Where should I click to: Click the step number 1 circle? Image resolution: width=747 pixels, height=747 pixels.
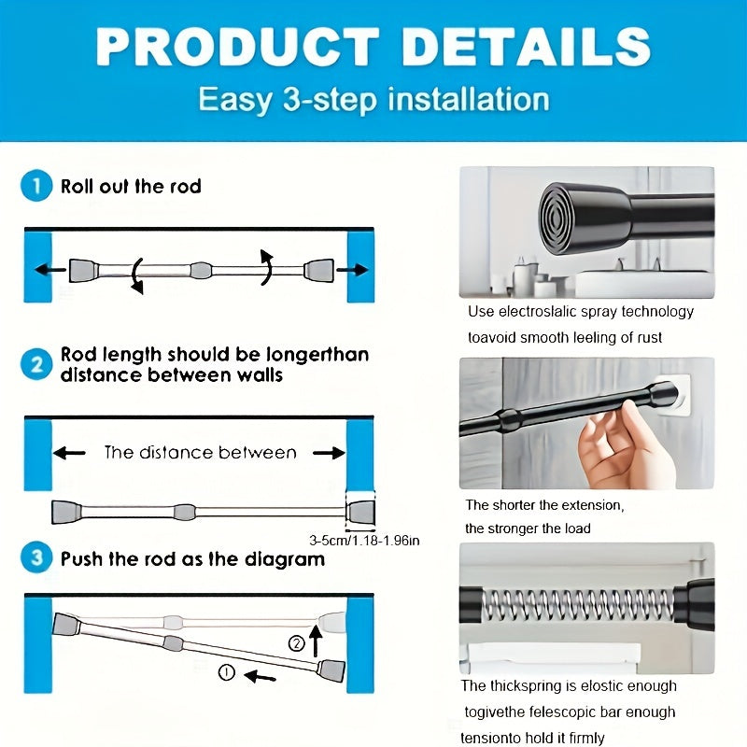(x=36, y=187)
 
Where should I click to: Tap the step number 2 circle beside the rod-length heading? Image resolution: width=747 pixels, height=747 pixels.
(x=36, y=364)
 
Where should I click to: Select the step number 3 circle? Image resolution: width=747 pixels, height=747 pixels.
(x=36, y=559)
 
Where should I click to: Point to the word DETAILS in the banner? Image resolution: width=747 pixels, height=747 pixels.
(x=527, y=47)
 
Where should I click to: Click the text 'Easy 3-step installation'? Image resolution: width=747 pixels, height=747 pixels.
(x=373, y=99)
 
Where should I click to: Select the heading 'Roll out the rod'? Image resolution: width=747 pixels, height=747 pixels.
(x=131, y=187)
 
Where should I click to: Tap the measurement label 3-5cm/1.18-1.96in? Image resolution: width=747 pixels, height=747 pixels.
(x=364, y=540)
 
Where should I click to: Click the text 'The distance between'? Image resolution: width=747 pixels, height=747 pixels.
(x=200, y=453)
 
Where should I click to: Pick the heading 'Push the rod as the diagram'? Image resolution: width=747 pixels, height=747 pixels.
(x=192, y=560)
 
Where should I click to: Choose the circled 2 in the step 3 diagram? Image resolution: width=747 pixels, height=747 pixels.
(x=296, y=642)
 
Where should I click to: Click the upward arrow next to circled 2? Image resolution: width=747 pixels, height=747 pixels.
(x=317, y=641)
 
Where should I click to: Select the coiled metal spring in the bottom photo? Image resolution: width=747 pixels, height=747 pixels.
(x=579, y=604)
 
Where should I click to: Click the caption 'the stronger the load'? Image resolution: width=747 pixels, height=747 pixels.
(x=528, y=529)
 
